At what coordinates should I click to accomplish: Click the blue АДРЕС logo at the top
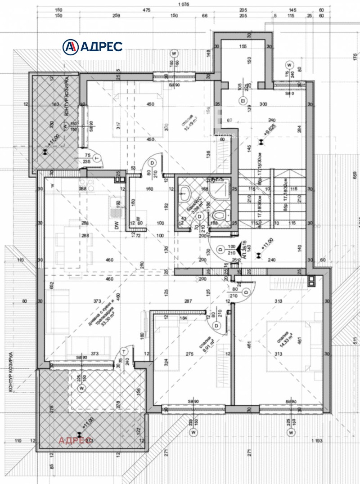(92, 46)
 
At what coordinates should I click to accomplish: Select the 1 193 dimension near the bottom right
(317, 441)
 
